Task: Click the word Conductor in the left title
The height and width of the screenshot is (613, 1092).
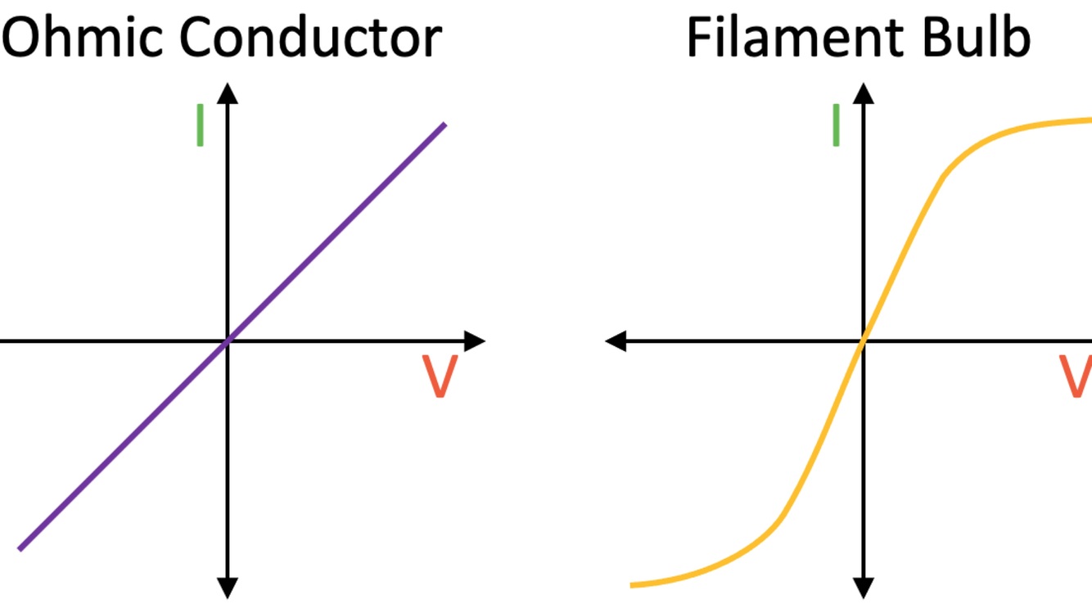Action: point(311,37)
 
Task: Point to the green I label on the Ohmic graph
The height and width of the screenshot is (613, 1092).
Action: point(200,125)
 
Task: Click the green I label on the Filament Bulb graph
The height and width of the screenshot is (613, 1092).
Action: point(836,125)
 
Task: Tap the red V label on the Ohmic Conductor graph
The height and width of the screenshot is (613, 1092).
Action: point(439,377)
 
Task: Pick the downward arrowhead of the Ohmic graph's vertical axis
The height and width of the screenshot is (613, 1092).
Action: point(228,588)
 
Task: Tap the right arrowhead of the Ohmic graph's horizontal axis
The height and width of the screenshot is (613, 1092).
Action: point(476,340)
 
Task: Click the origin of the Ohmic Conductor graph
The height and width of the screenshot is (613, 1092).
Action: point(228,340)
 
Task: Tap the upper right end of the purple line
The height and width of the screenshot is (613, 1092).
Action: point(444,124)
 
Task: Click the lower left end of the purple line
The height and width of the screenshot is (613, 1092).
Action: point(20,548)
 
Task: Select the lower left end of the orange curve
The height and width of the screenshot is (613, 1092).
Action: point(632,585)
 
